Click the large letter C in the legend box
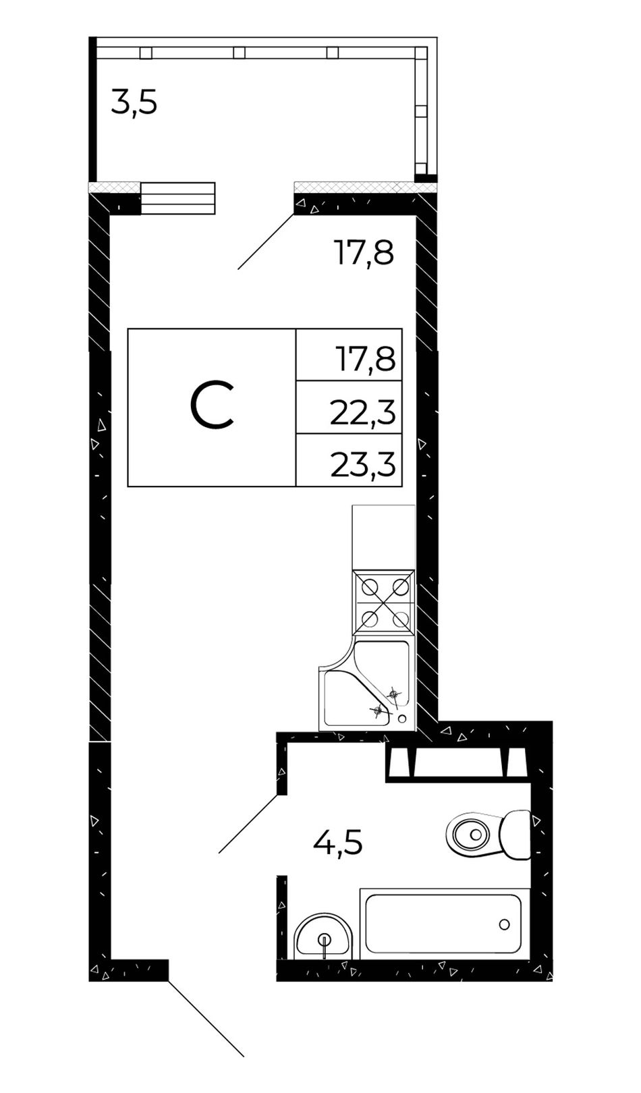pos(212,406)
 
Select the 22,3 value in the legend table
pos(362,412)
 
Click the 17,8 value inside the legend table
pos(365,360)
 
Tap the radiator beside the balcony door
pos(177,198)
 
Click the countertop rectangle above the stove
pos(384,538)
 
